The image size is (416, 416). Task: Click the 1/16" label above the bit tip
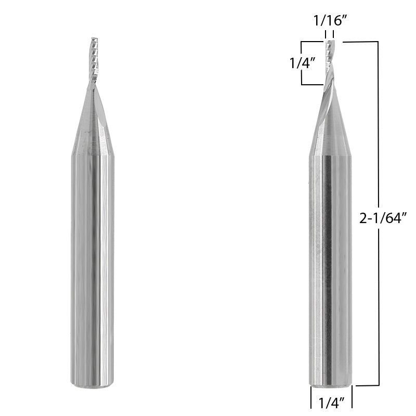point(329,22)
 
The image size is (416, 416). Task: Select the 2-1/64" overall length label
point(383,219)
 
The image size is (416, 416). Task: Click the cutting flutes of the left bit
point(94,60)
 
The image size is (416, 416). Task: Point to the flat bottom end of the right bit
point(331,384)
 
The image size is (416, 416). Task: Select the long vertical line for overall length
point(378,130)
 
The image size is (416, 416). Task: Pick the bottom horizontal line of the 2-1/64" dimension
point(367,385)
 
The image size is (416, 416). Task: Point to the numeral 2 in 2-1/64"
point(363,219)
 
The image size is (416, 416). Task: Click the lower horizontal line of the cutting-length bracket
point(312,84)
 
